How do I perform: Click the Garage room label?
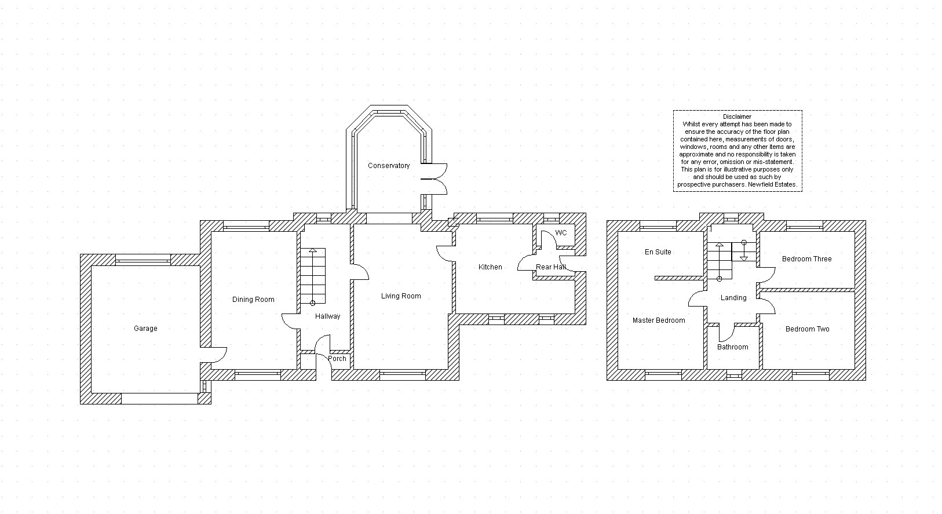point(145,329)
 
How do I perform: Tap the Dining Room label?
point(253,300)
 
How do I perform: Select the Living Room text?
point(401,296)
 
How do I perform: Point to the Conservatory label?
point(389,166)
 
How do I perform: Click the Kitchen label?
point(490,267)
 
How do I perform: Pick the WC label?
point(561,233)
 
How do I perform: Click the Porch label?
point(337,358)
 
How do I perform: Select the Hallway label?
point(327,316)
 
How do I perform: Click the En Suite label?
point(658,252)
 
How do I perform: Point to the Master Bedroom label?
point(659,320)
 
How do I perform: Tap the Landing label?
point(733,298)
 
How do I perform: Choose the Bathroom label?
point(733,347)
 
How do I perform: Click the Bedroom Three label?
point(806,259)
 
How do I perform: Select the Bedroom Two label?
point(808,329)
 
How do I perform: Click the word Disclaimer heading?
point(737,116)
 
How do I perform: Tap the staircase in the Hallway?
point(312,276)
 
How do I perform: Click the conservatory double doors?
point(434,179)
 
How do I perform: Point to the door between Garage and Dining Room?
point(213,355)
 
